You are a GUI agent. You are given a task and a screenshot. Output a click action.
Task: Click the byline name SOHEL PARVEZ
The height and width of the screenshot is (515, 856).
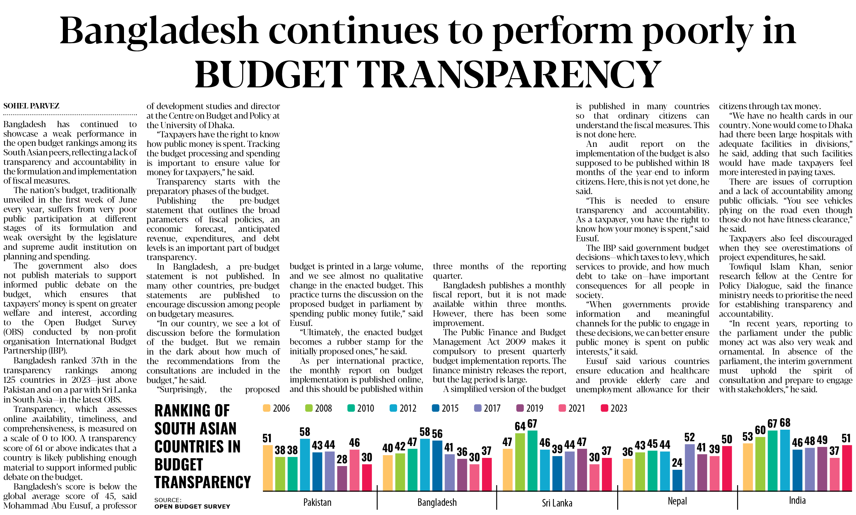[32, 106]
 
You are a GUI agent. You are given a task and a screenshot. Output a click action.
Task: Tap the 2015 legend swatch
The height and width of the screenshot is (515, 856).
[436, 408]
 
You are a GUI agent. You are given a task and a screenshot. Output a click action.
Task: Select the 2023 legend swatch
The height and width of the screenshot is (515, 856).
[605, 408]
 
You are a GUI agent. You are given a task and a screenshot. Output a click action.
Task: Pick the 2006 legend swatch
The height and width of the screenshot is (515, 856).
[267, 408]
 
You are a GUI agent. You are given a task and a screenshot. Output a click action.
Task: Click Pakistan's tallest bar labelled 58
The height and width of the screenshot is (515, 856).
[305, 465]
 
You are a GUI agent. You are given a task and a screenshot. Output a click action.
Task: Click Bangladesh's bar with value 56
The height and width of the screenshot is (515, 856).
[437, 466]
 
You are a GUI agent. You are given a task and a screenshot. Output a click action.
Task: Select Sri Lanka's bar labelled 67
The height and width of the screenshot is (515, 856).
[533, 461]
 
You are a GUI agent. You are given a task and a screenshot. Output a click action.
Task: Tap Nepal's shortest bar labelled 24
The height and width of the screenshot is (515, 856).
[677, 480]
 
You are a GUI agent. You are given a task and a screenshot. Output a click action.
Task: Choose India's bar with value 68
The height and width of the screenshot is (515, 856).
[785, 461]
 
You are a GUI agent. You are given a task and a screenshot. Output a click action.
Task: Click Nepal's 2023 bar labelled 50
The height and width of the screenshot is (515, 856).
[727, 468]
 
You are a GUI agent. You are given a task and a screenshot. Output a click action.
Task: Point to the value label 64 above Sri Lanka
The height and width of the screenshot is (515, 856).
[520, 426]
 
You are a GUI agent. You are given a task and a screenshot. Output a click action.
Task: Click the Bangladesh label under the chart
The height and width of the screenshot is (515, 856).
[437, 502]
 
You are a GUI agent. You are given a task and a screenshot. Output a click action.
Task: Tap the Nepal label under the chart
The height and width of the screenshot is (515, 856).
[677, 501]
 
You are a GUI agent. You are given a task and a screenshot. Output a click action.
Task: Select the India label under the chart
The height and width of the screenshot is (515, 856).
[797, 500]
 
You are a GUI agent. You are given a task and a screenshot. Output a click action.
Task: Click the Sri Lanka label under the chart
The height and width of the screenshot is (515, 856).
[557, 503]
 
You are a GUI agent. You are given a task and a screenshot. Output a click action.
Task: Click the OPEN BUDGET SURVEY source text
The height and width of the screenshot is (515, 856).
[192, 507]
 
